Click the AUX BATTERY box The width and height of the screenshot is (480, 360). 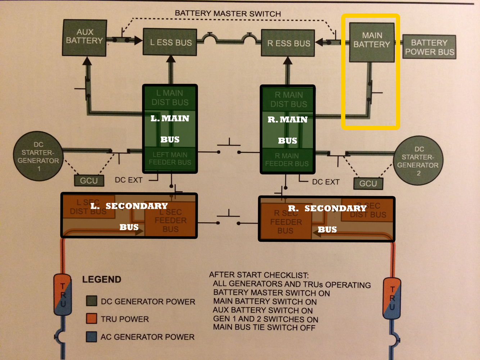(85, 37)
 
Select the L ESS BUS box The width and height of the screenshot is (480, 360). (170, 42)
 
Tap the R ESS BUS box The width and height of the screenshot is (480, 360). (288, 43)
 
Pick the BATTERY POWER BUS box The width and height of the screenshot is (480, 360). (429, 47)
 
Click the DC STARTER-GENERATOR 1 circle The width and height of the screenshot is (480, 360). (38, 156)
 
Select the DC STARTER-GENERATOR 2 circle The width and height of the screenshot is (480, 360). (418, 161)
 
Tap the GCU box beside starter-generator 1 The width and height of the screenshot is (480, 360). (89, 181)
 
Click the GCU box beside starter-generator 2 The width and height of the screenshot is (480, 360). (368, 183)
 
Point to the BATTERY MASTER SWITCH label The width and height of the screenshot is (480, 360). (228, 14)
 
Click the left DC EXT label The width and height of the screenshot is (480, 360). (128, 180)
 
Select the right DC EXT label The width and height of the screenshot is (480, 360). (326, 182)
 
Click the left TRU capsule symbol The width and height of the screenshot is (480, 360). (63, 295)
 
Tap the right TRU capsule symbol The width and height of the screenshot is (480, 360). (392, 298)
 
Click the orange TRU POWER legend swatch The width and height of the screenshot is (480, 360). (92, 319)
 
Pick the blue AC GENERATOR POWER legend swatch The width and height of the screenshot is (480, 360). (92, 337)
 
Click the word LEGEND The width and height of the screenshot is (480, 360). (101, 279)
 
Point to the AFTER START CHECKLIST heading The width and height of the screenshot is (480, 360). (259, 275)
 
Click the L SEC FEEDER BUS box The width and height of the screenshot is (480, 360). (170, 220)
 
